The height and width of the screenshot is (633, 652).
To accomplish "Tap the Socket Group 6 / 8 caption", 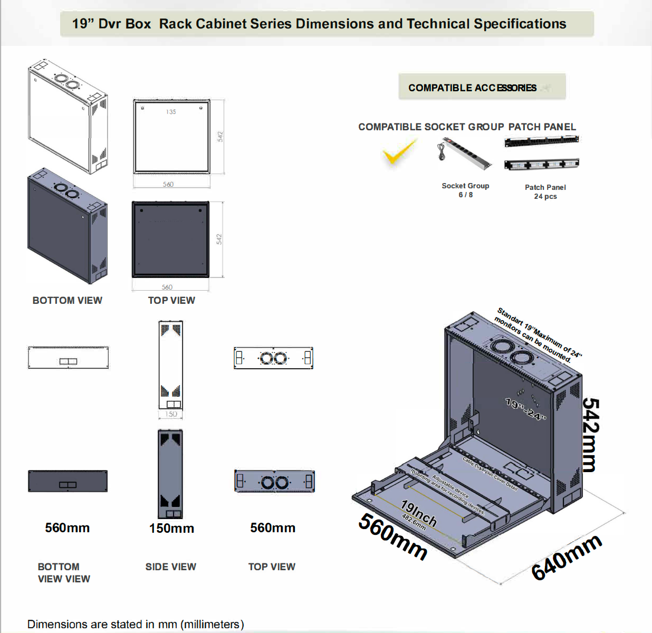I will point(465,190).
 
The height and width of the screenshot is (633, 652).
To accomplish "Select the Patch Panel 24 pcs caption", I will point(545,191).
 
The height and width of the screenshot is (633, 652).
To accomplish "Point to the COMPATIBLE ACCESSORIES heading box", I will point(482,87).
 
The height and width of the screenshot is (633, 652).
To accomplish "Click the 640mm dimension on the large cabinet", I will point(566,557).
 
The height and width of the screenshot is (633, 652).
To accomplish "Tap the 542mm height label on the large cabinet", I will point(591,435).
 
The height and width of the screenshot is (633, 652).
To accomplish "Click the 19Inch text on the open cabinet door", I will point(419,513).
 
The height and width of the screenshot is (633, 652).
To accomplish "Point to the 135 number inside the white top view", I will point(171,112).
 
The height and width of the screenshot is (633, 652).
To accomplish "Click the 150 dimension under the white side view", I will point(171,414).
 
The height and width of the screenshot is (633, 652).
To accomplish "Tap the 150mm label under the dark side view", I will point(171,528).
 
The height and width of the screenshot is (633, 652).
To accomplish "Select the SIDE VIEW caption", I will point(170,567).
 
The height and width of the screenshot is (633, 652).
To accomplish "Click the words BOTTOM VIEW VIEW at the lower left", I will point(63,572).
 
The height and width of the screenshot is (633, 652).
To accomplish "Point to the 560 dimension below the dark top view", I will point(167,287).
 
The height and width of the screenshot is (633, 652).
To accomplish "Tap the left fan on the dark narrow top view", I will point(267,482).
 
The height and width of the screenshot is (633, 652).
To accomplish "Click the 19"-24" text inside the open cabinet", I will point(525,409).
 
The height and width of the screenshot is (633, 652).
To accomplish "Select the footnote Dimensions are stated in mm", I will point(136,624).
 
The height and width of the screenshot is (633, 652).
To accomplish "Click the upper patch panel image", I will point(541,141).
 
